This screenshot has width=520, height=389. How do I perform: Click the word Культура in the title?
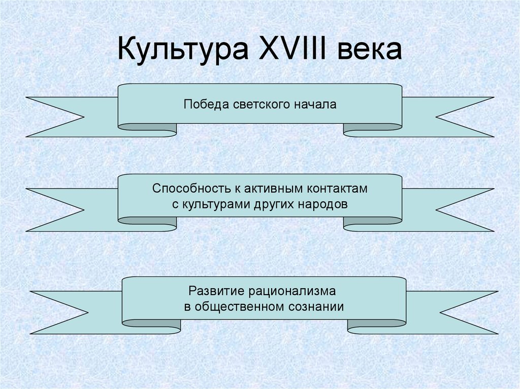(x=179, y=51)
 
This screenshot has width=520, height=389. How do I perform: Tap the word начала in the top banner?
(x=315, y=105)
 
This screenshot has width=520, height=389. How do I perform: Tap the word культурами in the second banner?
(x=214, y=204)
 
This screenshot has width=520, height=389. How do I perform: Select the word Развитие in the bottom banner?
(x=216, y=292)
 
